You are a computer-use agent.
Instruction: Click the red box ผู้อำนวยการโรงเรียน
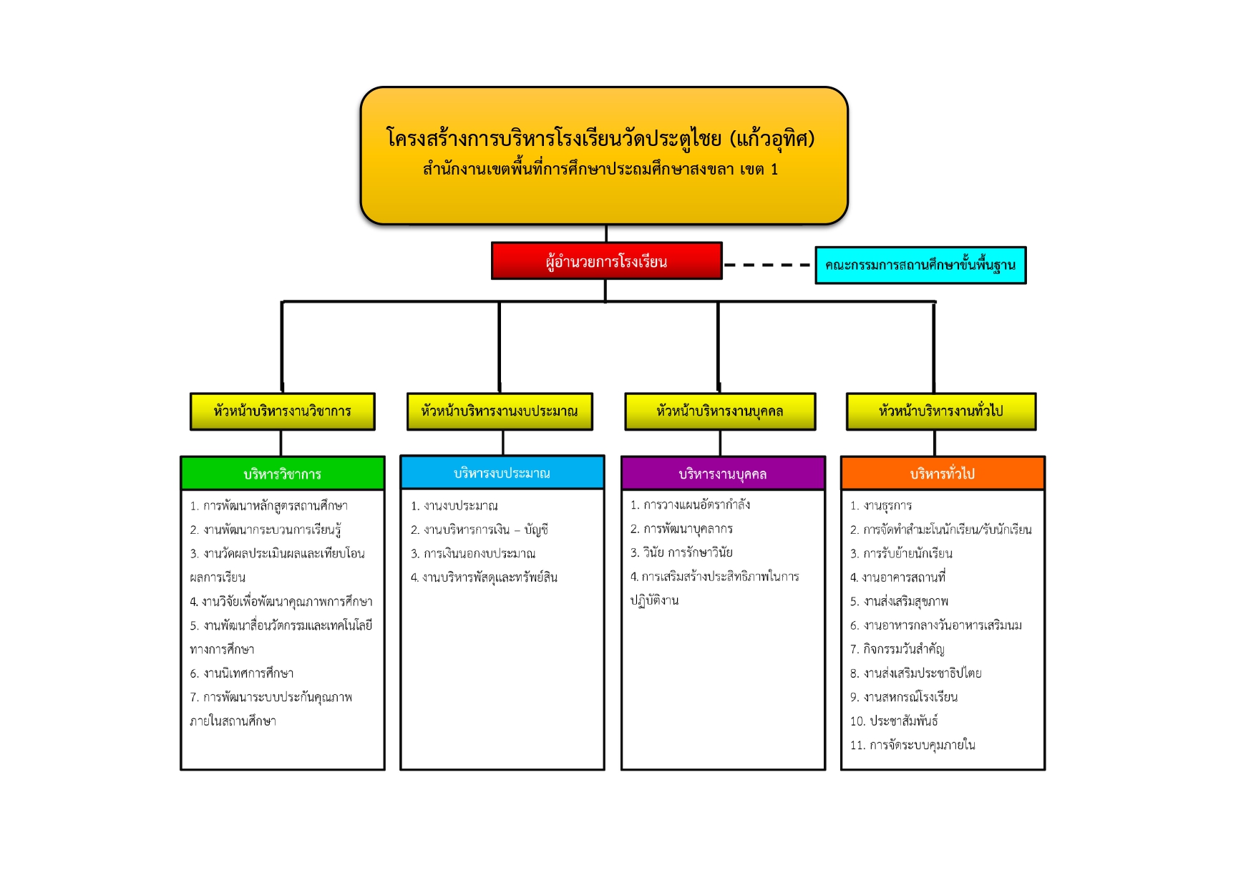click(x=606, y=261)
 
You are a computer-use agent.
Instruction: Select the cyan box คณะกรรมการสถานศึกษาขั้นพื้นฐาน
click(x=920, y=265)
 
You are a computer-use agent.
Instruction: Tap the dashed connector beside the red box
click(x=768, y=265)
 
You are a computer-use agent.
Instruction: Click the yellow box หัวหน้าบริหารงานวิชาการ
click(x=282, y=411)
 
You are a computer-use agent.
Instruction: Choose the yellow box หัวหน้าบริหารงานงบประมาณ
click(x=500, y=411)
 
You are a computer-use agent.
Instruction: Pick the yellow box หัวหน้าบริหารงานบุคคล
click(x=720, y=411)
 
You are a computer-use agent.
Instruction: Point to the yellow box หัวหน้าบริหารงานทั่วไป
click(x=941, y=411)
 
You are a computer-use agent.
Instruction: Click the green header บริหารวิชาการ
click(x=283, y=474)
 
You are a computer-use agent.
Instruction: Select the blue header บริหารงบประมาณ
click(x=502, y=473)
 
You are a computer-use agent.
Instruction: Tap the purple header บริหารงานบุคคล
click(x=723, y=474)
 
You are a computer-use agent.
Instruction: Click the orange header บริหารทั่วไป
click(x=943, y=474)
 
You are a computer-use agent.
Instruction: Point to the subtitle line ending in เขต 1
click(x=600, y=170)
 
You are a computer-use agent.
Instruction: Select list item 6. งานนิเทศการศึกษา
click(x=242, y=673)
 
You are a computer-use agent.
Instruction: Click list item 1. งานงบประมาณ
click(x=454, y=506)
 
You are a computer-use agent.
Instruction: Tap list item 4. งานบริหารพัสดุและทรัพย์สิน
click(x=484, y=577)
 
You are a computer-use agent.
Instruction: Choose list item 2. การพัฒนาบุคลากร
click(x=681, y=529)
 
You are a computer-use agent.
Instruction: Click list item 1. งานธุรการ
click(x=881, y=506)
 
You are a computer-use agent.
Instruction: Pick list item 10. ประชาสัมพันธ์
click(x=894, y=721)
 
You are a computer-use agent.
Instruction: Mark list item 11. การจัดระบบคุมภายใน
click(x=912, y=745)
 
